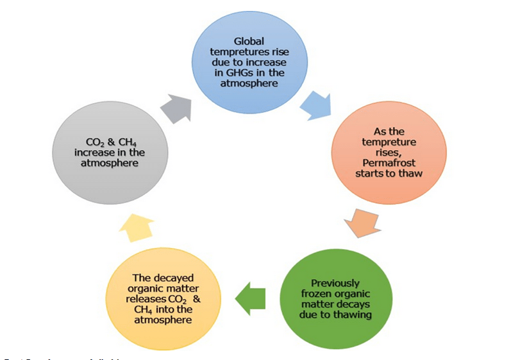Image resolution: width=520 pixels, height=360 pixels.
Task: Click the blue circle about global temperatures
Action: tap(250, 61)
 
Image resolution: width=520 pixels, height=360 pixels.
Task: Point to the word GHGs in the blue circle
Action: tap(240, 73)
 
